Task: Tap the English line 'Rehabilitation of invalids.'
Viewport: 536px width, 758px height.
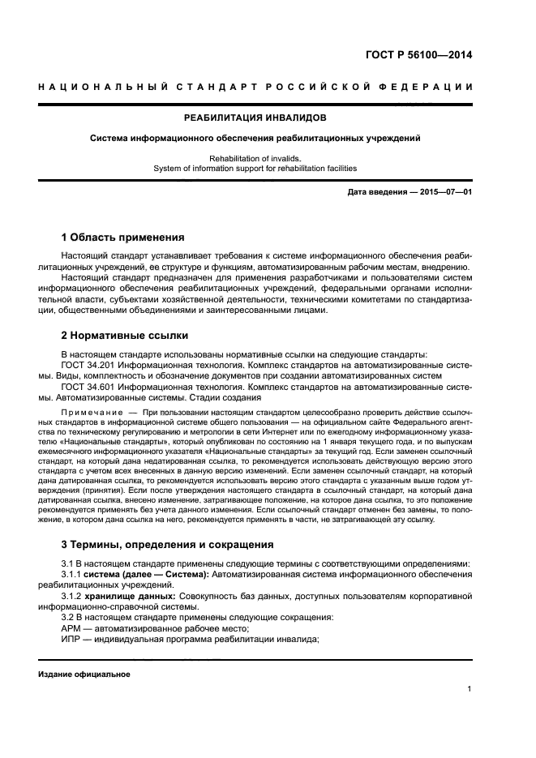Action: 255,159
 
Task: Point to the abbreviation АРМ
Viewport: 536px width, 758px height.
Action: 73,628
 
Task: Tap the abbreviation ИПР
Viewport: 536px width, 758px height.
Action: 73,640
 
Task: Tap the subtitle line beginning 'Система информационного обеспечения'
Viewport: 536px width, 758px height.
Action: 255,138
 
